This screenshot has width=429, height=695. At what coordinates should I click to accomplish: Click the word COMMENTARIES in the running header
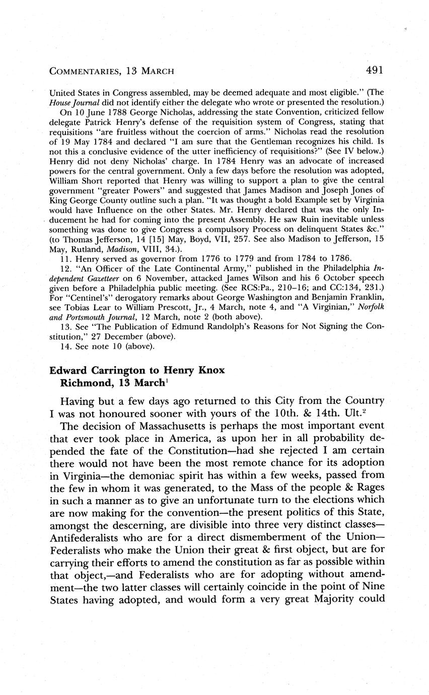coord(84,71)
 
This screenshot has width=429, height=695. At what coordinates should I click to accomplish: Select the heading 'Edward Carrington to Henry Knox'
coord(137,370)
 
